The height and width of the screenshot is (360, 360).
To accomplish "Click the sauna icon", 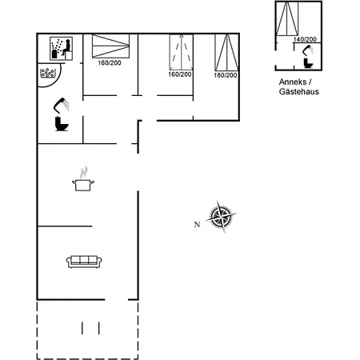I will tap(61, 48).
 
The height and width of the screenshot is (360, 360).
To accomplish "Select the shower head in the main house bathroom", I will tap(60, 104).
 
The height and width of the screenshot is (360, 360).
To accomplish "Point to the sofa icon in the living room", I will tap(84, 260).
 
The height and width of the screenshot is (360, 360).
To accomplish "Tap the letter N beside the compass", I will tap(197, 223).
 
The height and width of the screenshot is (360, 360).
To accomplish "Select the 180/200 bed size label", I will tap(226, 74).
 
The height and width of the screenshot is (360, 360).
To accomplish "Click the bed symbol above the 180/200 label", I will tap(226, 50).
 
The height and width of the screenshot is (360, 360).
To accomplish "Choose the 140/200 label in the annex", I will tap(304, 39).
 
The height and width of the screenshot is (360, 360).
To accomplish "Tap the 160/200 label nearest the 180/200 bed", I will tap(179, 74).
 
